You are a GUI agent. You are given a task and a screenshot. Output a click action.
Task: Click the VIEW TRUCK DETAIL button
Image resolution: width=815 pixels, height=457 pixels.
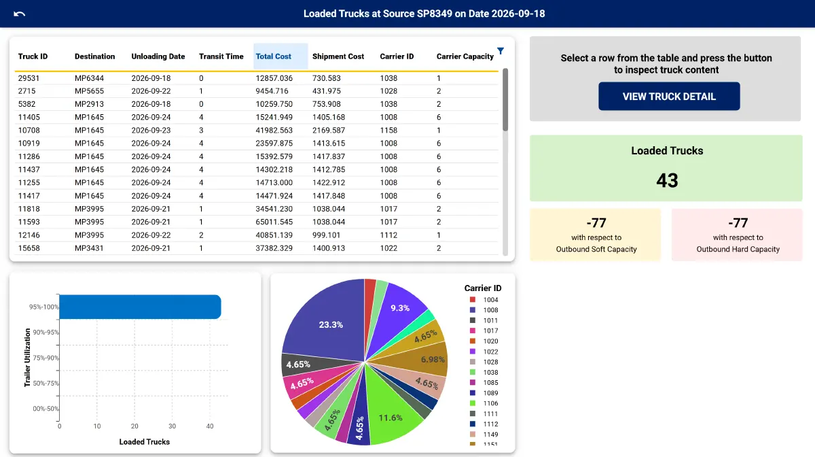tap(669, 96)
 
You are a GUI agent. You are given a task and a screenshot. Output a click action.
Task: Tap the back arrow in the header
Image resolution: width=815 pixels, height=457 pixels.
tap(19, 14)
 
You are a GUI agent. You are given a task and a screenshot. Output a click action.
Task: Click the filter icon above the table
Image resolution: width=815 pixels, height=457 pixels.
tap(501, 50)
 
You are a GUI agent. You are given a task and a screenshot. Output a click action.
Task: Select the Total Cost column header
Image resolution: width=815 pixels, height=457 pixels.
tap(273, 56)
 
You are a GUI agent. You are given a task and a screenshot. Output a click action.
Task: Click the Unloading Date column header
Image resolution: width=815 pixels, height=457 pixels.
tap(158, 56)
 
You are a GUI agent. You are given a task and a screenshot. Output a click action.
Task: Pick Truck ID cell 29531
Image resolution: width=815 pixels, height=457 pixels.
tap(29, 78)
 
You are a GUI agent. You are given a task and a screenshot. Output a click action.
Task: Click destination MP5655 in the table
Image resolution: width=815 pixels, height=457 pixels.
tap(89, 91)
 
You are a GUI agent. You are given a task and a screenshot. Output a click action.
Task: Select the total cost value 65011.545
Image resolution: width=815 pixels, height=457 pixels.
tap(274, 222)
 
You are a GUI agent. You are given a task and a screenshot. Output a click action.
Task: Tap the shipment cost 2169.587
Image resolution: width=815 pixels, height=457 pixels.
tap(329, 131)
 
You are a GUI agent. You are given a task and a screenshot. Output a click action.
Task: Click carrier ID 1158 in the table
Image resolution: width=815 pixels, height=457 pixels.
tap(388, 131)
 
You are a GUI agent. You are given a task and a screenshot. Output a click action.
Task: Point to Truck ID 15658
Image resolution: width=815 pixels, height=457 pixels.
tap(29, 248)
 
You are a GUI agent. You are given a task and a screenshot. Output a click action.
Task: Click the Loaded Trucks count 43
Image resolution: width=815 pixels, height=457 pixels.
tap(667, 180)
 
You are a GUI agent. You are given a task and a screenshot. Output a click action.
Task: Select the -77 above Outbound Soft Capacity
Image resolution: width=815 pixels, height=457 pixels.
tap(596, 222)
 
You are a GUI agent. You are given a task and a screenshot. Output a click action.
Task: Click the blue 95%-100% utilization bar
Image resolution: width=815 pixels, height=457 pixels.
tap(140, 307)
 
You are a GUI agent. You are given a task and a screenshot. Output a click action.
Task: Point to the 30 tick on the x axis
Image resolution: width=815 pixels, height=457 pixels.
tap(172, 426)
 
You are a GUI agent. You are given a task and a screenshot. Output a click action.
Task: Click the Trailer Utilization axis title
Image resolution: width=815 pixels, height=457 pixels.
tap(27, 358)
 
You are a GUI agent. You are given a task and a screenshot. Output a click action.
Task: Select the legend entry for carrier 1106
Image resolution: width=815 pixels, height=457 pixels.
tap(484, 403)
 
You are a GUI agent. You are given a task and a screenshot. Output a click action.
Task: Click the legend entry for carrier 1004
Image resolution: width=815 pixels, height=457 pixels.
tap(484, 300)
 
